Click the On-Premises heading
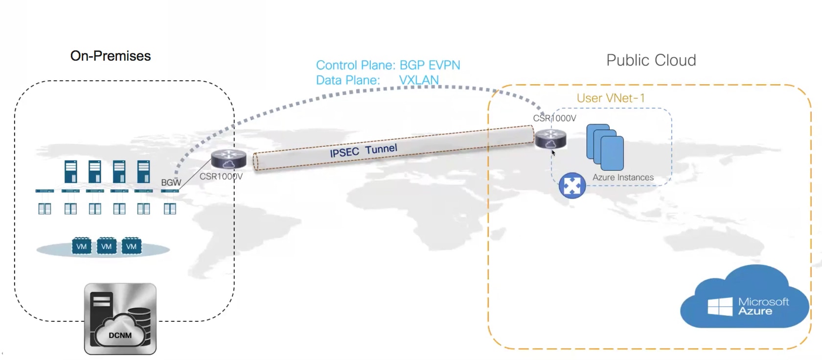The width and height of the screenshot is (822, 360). pos(111,56)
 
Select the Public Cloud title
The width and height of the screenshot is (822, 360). pos(651,60)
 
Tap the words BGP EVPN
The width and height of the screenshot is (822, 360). pos(430,65)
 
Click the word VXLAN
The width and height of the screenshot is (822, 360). pos(419,80)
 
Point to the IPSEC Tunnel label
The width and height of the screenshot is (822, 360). pos(364,150)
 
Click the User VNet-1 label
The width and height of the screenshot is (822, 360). pos(611,98)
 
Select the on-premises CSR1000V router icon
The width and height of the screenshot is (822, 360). pos(228,159)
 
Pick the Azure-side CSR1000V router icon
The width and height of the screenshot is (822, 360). pos(550,139)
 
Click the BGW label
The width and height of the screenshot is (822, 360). pos(171,182)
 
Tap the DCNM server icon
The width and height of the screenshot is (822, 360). pos(120,319)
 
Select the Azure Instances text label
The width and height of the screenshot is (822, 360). pos(623,178)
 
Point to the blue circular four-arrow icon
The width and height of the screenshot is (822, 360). pos(572,185)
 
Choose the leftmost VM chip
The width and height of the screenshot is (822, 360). pos(82,246)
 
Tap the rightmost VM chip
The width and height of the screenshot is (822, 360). pos(131,246)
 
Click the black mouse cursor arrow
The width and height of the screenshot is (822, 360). pos(553,153)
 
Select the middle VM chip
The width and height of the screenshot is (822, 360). pos(107,246)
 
